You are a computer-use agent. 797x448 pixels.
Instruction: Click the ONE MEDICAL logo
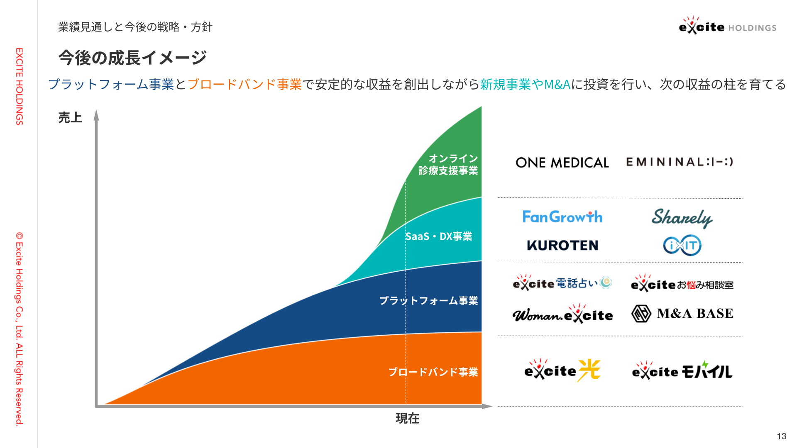pos(562,162)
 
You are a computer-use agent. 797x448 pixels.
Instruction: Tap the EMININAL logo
pos(680,161)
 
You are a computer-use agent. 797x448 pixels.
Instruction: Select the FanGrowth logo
pos(562,217)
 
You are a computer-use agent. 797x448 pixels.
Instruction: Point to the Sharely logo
pos(682,218)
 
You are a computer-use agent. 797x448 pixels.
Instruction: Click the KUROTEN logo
pos(562,245)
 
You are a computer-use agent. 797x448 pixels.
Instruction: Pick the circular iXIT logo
pos(682,245)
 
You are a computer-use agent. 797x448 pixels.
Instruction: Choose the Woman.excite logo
pos(562,314)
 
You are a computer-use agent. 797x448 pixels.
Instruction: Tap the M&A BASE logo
pos(682,314)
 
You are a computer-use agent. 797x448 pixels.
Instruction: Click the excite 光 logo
pos(562,370)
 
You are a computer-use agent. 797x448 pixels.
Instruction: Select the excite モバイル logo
pos(682,370)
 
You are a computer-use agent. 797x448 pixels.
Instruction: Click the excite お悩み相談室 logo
pos(682,283)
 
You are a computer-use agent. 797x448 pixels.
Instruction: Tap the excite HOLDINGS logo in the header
pos(728,26)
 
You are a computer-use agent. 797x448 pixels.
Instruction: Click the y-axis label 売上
pos(70,118)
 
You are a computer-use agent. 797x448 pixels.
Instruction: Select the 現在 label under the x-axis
pos(408,418)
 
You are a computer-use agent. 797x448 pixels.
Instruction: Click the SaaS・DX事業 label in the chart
pos(439,236)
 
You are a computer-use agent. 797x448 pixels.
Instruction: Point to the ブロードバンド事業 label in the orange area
pos(433,372)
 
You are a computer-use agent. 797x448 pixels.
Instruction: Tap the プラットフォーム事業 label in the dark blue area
pos(428,301)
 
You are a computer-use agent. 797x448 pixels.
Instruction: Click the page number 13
pos(782,436)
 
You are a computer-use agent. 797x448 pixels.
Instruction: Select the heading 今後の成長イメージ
pos(132,58)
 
